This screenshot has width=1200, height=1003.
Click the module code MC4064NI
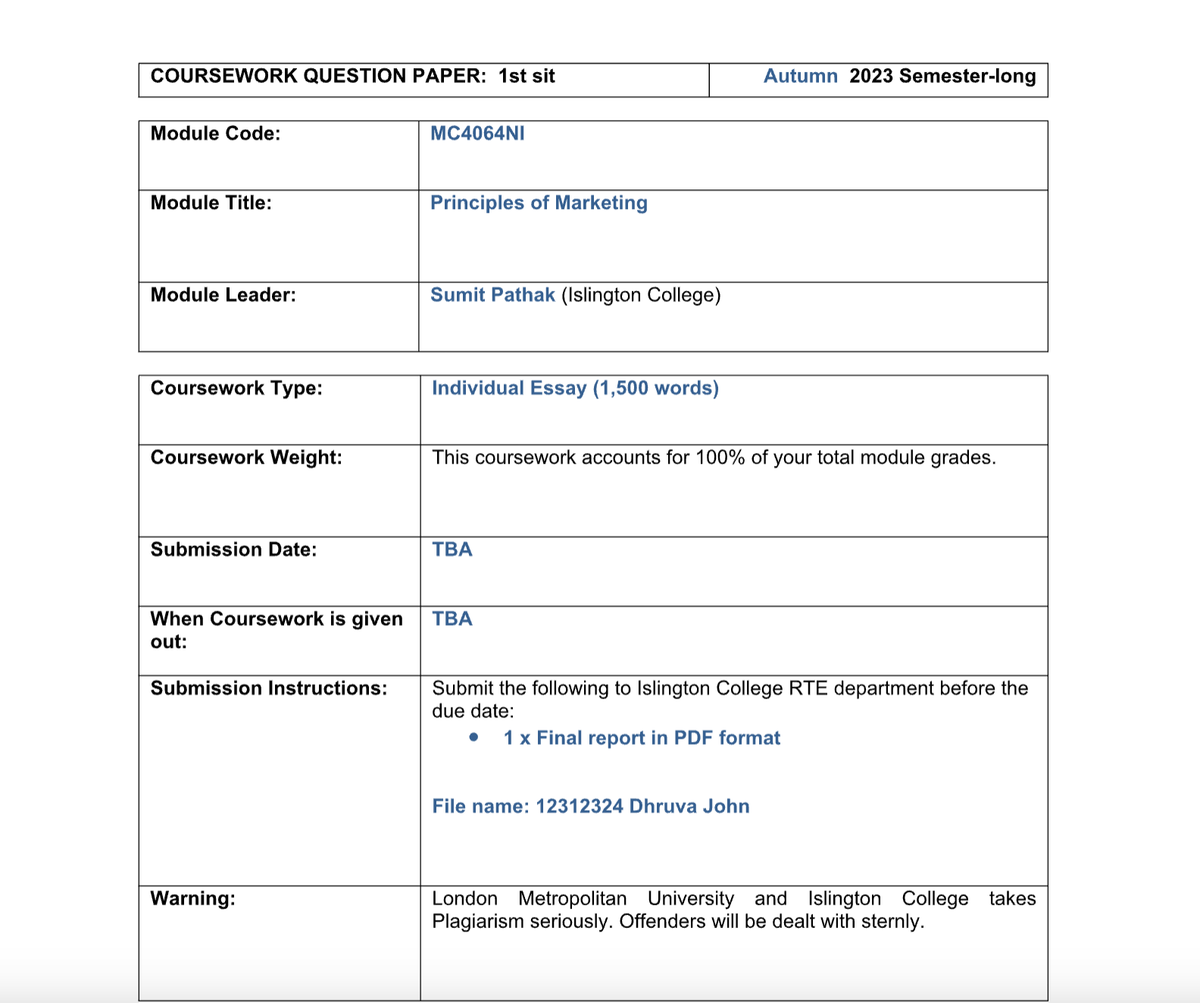point(477,134)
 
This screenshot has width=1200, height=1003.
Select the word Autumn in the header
point(800,77)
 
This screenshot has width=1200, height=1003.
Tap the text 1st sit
point(527,77)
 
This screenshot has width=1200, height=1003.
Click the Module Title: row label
point(211,203)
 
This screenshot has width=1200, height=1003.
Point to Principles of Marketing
point(539,203)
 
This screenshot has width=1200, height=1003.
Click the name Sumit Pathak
point(492,295)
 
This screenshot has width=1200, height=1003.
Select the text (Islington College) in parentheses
point(641,295)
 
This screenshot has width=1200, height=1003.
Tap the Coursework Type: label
point(236,389)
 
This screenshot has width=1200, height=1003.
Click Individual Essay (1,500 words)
point(575,389)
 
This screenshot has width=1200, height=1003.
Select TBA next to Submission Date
point(452,550)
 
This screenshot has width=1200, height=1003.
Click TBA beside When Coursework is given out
point(452,619)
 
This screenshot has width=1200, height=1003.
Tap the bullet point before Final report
point(473,737)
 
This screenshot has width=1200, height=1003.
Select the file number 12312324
point(579,807)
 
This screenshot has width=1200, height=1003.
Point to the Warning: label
point(192,899)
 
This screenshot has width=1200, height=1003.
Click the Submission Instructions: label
point(268,689)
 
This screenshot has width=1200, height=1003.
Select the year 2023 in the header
point(871,77)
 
